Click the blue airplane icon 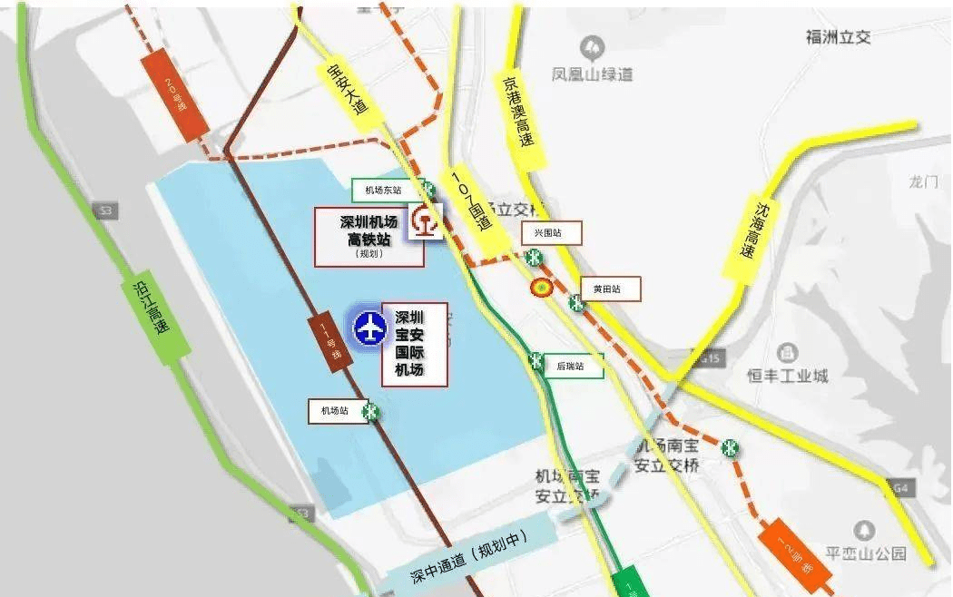click(x=369, y=327)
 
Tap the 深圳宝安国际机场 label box click(x=414, y=345)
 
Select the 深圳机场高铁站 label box click(x=368, y=237)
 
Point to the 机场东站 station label click(x=384, y=191)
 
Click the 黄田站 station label click(x=611, y=289)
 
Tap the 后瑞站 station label click(x=573, y=367)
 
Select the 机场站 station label click(x=334, y=411)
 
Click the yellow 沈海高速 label click(x=752, y=231)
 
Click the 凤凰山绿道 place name click(x=593, y=74)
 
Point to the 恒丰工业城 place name click(x=788, y=375)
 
